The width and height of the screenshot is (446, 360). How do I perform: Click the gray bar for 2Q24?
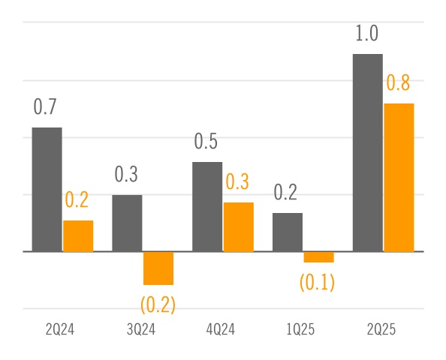(47, 190)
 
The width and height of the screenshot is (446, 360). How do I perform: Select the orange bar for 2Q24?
(78, 236)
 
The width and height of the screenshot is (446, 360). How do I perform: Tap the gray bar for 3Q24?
(127, 223)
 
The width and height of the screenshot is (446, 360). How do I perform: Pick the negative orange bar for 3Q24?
(158, 268)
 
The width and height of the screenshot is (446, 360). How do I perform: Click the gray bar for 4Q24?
(207, 207)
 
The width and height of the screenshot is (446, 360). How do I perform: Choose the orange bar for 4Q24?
(239, 227)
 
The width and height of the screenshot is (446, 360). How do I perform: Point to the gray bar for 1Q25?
(288, 232)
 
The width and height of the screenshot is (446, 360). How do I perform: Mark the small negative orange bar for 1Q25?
(319, 257)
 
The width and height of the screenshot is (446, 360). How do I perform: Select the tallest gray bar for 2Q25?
(368, 153)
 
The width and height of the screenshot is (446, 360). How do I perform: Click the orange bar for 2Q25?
(399, 178)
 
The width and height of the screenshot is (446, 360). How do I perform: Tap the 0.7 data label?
(45, 107)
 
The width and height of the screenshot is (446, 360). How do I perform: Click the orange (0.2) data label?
(158, 304)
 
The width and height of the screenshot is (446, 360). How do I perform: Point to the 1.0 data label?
(366, 34)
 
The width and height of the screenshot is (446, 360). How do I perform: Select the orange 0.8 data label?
(398, 83)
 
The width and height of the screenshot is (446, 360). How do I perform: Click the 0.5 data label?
(206, 142)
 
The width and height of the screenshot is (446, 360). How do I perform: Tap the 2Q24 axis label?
(60, 330)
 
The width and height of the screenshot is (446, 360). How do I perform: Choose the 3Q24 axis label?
(140, 330)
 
